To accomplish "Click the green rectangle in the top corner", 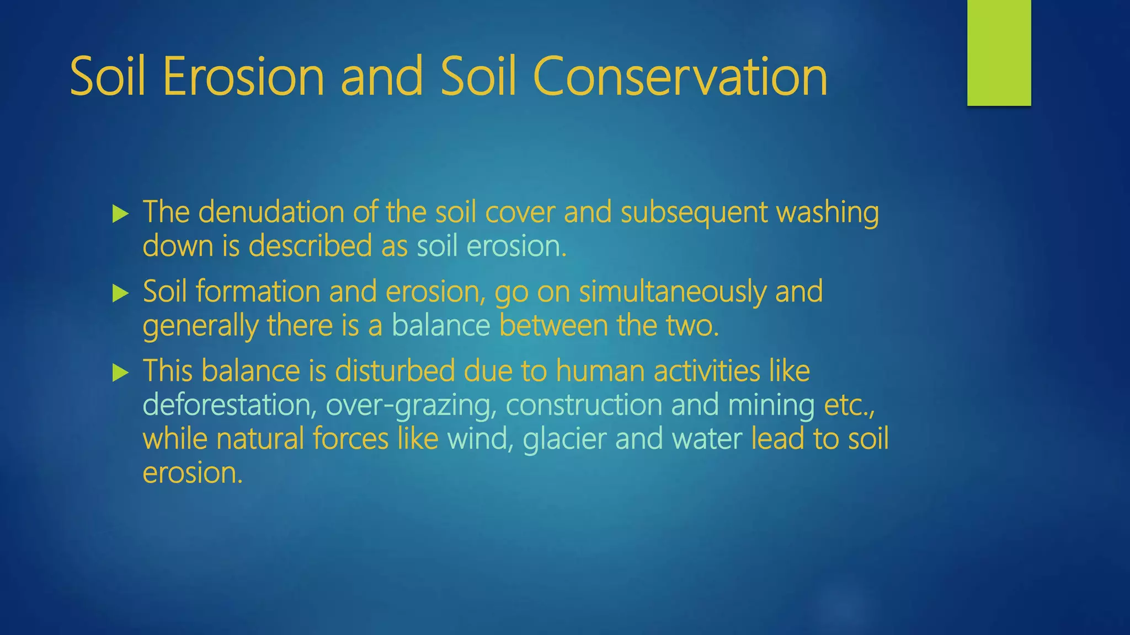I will [999, 52].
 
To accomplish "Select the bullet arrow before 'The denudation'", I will [120, 214].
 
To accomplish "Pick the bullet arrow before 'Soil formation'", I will [120, 293].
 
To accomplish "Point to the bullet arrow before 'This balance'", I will [120, 373].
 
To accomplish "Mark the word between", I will [553, 326].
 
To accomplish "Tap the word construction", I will [584, 405].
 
